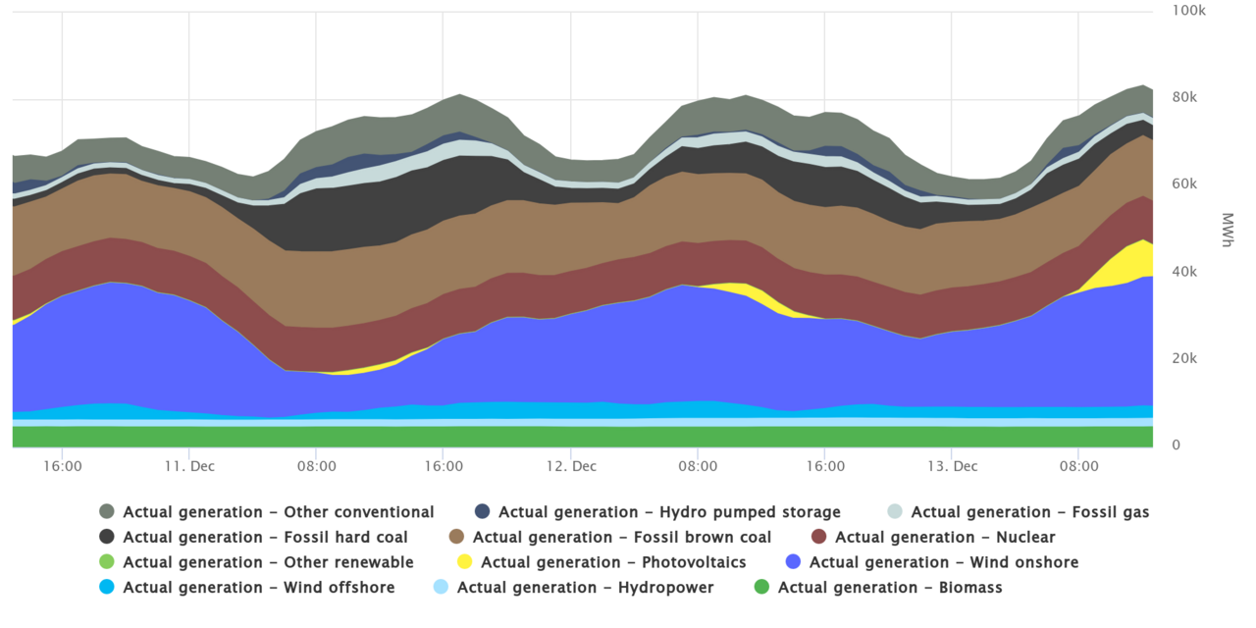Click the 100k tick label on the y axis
(1189, 10)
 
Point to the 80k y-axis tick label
(1185, 97)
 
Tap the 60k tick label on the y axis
(1185, 184)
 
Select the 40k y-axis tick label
(1185, 272)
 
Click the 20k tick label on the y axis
(1185, 359)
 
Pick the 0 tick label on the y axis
(1177, 445)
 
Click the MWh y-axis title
(1227, 228)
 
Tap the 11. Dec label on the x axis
(190, 466)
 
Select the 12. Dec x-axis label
(571, 466)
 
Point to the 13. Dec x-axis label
(953, 466)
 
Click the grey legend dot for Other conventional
(107, 512)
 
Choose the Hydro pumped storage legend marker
(483, 512)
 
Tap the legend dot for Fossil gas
(895, 512)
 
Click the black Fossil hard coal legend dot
(107, 538)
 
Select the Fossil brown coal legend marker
(457, 538)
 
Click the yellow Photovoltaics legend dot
(465, 563)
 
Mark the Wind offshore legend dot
(107, 588)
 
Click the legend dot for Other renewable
(107, 563)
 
